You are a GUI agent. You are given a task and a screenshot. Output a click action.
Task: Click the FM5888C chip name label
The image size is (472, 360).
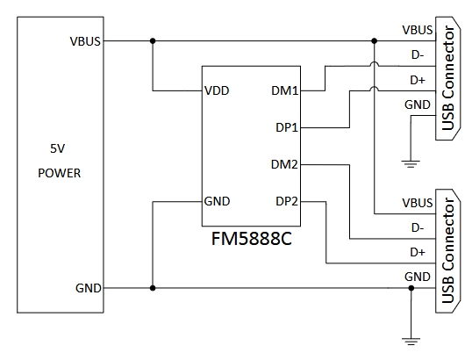pyautogui.click(x=251, y=239)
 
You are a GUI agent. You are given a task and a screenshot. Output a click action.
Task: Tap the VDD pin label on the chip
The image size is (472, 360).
pyautogui.click(x=217, y=90)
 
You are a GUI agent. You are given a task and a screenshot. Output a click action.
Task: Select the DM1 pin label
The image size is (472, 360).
pyautogui.click(x=285, y=90)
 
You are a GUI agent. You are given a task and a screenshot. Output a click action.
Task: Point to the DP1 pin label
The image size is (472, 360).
pyautogui.click(x=287, y=127)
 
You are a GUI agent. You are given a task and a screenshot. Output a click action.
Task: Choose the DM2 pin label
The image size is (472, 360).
pyautogui.click(x=284, y=164)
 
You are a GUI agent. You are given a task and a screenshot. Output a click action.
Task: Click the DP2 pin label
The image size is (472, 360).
pyautogui.click(x=287, y=201)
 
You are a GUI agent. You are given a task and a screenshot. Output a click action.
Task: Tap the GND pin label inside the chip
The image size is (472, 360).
pyautogui.click(x=217, y=201)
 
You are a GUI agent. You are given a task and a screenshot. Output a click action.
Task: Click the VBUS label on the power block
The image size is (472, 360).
pyautogui.click(x=85, y=41)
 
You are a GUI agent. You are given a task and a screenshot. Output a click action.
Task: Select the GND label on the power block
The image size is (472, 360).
pyautogui.click(x=89, y=288)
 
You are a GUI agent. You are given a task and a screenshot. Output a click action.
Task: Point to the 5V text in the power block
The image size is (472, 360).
pyautogui.click(x=58, y=148)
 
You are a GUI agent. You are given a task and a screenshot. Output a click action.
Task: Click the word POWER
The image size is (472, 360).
pyautogui.click(x=60, y=173)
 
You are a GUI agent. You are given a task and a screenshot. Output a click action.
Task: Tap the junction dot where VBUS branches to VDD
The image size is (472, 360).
pyautogui.click(x=153, y=40)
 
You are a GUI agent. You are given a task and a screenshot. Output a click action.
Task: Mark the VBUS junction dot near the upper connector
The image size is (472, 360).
pyautogui.click(x=374, y=40)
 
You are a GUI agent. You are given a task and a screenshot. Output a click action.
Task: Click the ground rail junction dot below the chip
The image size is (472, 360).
pyautogui.click(x=153, y=288)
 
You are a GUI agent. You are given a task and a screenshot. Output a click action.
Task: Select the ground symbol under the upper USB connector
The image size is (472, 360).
pyautogui.click(x=411, y=164)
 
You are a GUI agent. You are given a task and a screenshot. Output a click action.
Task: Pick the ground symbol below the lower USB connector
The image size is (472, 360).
pyautogui.click(x=411, y=342)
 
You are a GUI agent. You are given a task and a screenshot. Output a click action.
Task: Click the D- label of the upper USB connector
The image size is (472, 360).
pyautogui.click(x=418, y=55)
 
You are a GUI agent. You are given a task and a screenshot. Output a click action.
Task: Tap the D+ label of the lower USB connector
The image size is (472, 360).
pyautogui.click(x=418, y=252)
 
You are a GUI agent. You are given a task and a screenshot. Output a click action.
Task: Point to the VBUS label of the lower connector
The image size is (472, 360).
pyautogui.click(x=418, y=203)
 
